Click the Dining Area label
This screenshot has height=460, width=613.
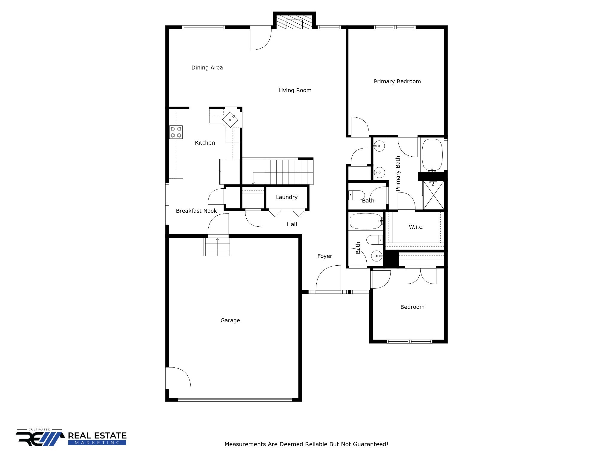point(207,68)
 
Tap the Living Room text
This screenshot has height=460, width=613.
point(295,90)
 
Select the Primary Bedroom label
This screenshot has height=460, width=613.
point(397,81)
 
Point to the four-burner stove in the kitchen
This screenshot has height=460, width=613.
point(176,132)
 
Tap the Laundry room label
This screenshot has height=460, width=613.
point(286,197)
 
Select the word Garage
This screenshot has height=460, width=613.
point(230,320)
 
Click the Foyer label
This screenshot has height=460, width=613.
point(324,256)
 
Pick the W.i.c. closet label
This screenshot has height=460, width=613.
point(416,227)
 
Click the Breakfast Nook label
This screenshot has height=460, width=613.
point(196,211)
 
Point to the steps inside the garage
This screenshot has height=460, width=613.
point(218,247)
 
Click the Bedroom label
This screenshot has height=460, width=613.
point(412,307)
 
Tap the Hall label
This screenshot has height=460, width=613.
point(292,224)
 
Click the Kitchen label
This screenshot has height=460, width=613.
point(205,143)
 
